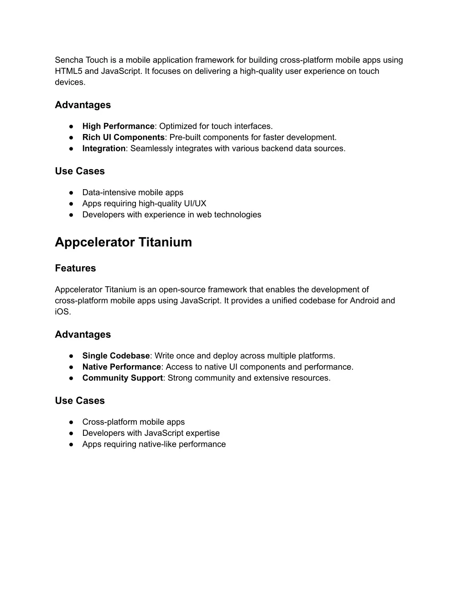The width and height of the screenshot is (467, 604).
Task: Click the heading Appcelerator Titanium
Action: (x=123, y=242)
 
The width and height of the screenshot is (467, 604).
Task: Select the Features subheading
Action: (x=75, y=268)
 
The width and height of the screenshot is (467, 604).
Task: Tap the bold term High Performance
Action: (x=118, y=126)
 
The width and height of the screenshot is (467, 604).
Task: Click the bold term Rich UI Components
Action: (x=123, y=137)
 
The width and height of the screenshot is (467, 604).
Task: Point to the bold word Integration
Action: (x=104, y=148)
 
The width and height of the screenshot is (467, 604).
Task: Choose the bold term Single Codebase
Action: (x=116, y=356)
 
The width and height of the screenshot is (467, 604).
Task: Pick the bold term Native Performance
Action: (x=121, y=367)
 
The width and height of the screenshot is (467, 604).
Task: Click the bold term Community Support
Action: (x=122, y=378)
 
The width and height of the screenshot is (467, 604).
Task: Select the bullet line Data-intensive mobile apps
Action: (x=133, y=192)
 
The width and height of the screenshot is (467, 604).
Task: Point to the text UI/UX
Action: (x=195, y=203)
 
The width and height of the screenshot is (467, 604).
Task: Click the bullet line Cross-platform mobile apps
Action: (x=133, y=422)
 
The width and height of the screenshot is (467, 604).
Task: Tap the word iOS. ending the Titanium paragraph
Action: (x=63, y=312)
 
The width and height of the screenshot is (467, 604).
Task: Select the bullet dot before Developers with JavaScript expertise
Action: (x=72, y=433)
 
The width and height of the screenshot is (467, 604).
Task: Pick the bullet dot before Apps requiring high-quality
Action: (x=72, y=203)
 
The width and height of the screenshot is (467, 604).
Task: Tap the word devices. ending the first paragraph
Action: (x=70, y=82)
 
